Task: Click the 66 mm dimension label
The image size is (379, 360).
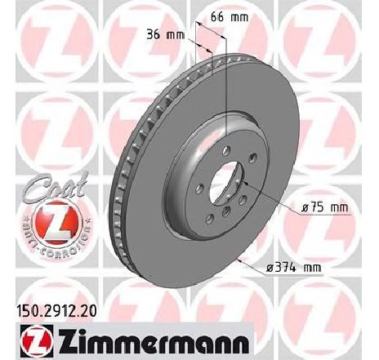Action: coord(230,17)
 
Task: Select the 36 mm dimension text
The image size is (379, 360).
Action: coord(166,35)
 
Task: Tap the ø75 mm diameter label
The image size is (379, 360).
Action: coord(325,207)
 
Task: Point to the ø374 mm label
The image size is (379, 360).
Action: coord(294,268)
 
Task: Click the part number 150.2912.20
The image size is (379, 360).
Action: coord(57,311)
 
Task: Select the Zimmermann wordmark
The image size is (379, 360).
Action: coord(154,341)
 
